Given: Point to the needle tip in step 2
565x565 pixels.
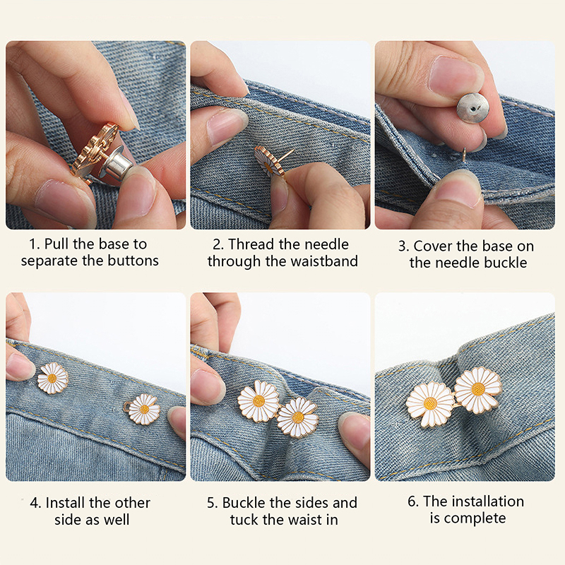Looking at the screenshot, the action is [x=293, y=150].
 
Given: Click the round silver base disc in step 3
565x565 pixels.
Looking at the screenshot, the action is [x=472, y=108].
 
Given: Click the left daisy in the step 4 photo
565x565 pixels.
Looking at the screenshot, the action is [x=52, y=378].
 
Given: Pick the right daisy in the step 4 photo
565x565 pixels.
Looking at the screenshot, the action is [x=143, y=410].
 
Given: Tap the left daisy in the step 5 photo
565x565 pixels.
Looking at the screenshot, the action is [x=258, y=400].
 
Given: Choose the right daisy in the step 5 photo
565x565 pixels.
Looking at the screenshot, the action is [x=298, y=417].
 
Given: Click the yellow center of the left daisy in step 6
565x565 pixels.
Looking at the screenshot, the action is [x=430, y=403].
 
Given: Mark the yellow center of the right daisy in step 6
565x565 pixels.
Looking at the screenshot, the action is [x=478, y=389].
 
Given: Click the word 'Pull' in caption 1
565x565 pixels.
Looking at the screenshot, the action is [x=56, y=244].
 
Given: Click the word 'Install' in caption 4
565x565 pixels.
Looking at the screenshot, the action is [x=66, y=503].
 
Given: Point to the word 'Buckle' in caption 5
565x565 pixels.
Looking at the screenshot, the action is [x=244, y=503].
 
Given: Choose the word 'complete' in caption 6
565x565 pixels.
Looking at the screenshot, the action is [x=475, y=518].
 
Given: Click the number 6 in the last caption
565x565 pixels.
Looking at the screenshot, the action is [x=412, y=501].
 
